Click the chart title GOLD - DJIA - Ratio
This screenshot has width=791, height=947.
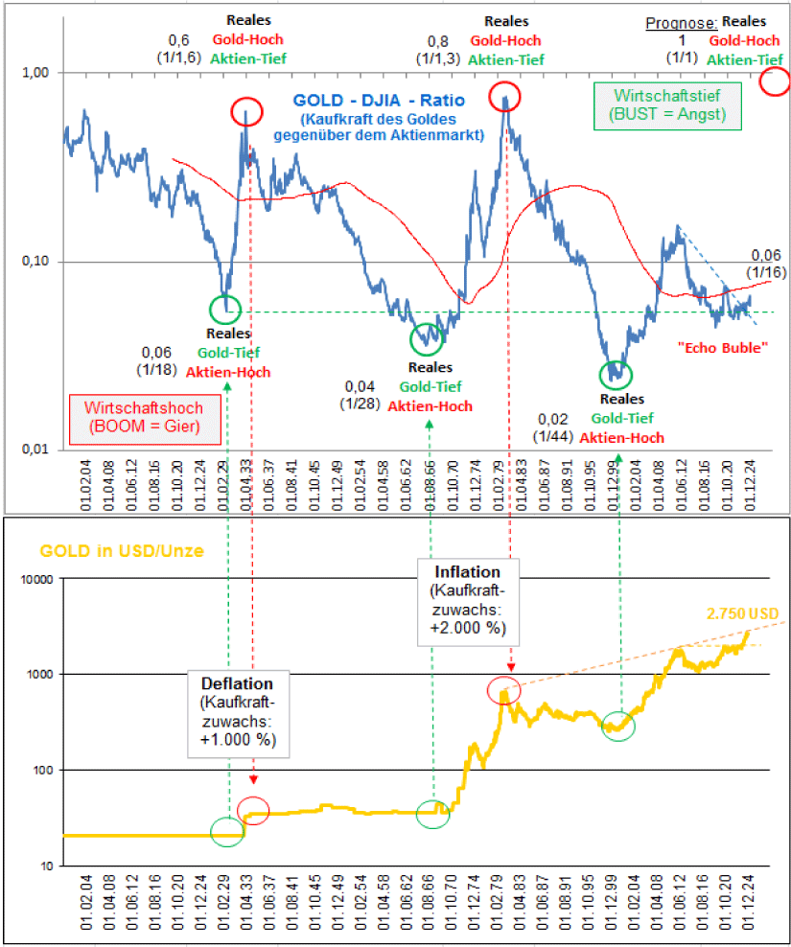(380, 99)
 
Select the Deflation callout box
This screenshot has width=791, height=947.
(237, 713)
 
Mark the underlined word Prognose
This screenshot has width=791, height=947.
(681, 21)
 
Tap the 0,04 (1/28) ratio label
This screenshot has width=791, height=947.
(361, 394)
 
